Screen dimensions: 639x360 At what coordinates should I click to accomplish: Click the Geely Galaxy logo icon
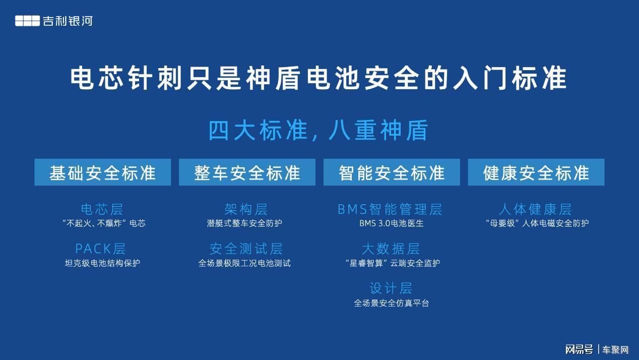coord(27,21)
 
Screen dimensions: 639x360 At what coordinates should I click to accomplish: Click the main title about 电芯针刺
coord(318,78)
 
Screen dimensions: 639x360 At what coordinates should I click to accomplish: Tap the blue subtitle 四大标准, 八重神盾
coord(318,131)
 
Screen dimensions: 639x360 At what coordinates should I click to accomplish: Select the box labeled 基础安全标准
coord(103,172)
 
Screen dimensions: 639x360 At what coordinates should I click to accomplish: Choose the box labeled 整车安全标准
coord(247,172)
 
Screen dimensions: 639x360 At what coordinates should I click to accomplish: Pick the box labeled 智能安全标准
coord(392,172)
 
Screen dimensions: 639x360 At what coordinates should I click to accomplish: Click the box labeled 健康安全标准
coord(536,172)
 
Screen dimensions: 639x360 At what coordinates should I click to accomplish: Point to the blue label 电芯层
coord(102,209)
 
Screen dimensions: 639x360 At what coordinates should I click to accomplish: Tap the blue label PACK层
coord(100,249)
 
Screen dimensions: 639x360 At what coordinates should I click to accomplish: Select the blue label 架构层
coord(246,209)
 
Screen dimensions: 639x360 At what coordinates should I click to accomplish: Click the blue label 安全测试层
coord(246,249)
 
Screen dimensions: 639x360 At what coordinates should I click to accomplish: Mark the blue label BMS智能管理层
coord(390,209)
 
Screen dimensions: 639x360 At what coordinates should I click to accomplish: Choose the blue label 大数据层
coord(391,249)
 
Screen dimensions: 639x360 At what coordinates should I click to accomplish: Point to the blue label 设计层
coord(391,288)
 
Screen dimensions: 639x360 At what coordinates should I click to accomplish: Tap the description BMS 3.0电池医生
coord(392,223)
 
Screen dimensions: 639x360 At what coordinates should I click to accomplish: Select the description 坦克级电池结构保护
coord(102,263)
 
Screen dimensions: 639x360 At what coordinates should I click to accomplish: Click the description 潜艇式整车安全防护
coord(244,223)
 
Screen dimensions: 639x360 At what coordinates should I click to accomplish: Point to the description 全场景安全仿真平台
coord(392,303)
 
